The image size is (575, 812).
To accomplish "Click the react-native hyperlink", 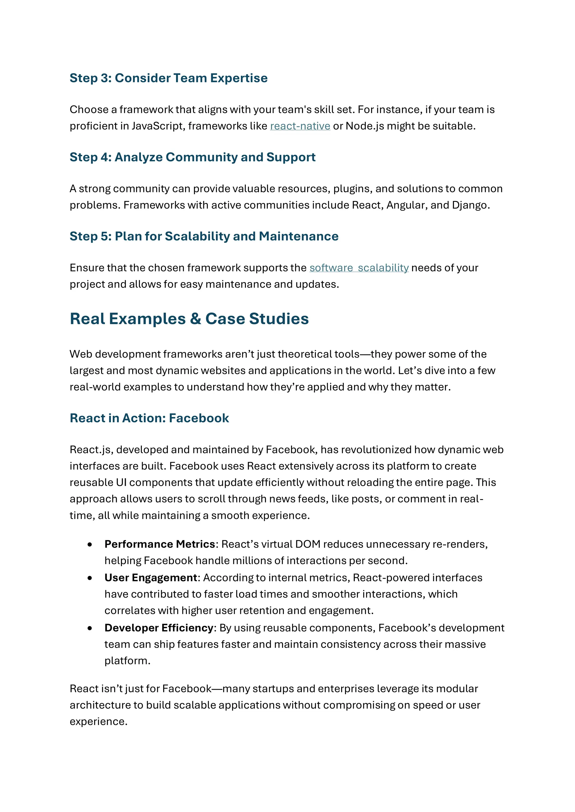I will click(x=300, y=126).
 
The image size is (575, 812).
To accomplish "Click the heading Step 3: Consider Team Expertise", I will click(x=168, y=78).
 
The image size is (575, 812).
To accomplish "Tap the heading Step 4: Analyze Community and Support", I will click(x=192, y=157).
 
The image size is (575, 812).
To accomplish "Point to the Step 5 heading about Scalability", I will click(x=204, y=236).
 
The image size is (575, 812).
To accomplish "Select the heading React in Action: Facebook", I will click(x=149, y=418).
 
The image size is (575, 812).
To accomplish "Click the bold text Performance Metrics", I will click(x=160, y=544).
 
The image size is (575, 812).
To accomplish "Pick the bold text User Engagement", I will click(x=151, y=578).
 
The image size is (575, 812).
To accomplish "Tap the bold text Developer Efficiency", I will click(x=159, y=628).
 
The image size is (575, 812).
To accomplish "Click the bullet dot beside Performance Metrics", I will click(x=90, y=545).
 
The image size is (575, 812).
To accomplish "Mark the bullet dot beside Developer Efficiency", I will click(x=90, y=628).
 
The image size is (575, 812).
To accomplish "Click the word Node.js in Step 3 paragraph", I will click(x=364, y=126).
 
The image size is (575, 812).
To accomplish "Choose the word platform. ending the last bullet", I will click(x=127, y=661).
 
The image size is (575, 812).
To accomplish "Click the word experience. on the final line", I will click(x=99, y=721).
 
